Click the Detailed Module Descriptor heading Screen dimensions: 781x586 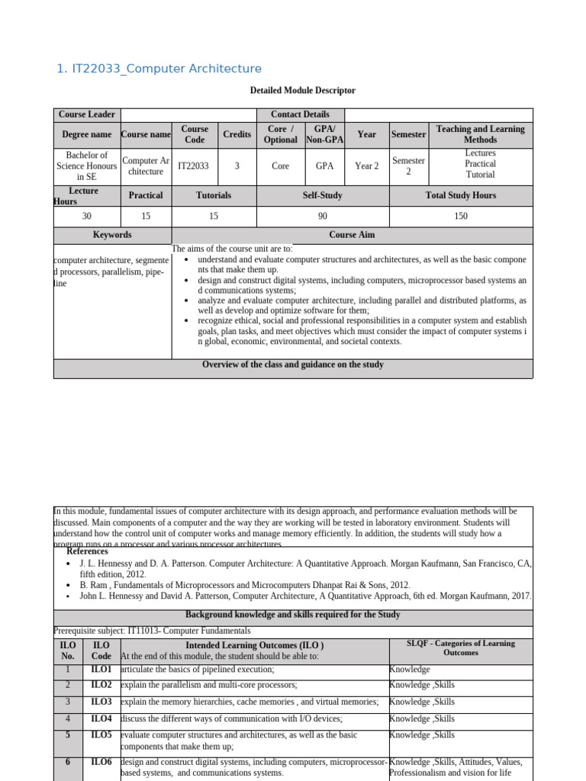point(302,91)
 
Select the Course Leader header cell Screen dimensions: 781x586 point(87,114)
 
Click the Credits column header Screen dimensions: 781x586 point(237,134)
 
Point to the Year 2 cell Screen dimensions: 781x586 point(366,166)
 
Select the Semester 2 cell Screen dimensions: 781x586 point(408,166)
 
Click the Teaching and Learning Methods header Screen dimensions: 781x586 point(480,134)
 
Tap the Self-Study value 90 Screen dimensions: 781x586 point(322,217)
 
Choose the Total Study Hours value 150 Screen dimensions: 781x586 point(460,217)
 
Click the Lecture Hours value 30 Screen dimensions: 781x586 point(86,217)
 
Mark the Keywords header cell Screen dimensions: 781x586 point(112,235)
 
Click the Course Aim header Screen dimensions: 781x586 point(352,235)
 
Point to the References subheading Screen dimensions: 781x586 point(87,551)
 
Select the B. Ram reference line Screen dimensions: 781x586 point(244,585)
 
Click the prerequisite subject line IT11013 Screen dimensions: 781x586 point(152,631)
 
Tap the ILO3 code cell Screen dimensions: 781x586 point(101,702)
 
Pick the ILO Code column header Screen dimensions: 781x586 point(101,650)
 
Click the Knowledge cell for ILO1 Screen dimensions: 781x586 point(410,669)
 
